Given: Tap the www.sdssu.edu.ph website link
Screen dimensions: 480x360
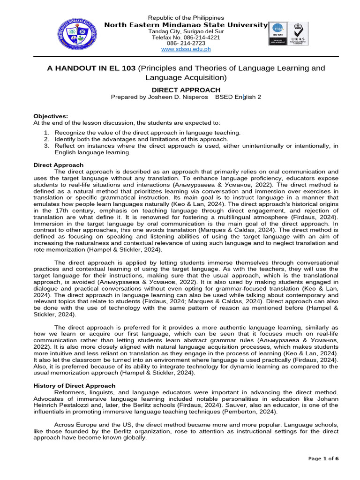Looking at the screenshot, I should pos(186,49).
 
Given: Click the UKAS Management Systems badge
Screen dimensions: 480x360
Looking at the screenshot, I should pos(298,33).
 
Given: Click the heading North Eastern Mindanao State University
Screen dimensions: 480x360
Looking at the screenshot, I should pos(186,25).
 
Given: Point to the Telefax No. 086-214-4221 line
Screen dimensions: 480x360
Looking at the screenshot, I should pos(186,37).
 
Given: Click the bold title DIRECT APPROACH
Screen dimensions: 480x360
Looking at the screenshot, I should pos(186,90).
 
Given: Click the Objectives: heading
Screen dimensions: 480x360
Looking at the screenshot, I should pos(51,116).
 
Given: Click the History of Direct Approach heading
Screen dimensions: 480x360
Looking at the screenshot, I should pos(74,385).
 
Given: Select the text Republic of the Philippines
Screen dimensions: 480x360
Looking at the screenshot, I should pos(186,17).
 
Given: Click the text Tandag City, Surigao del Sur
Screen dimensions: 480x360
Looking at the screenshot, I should pos(186,31).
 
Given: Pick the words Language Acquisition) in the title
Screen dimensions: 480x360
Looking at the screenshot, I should pos(186,77).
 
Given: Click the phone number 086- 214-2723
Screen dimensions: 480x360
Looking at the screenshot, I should pos(186,43).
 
